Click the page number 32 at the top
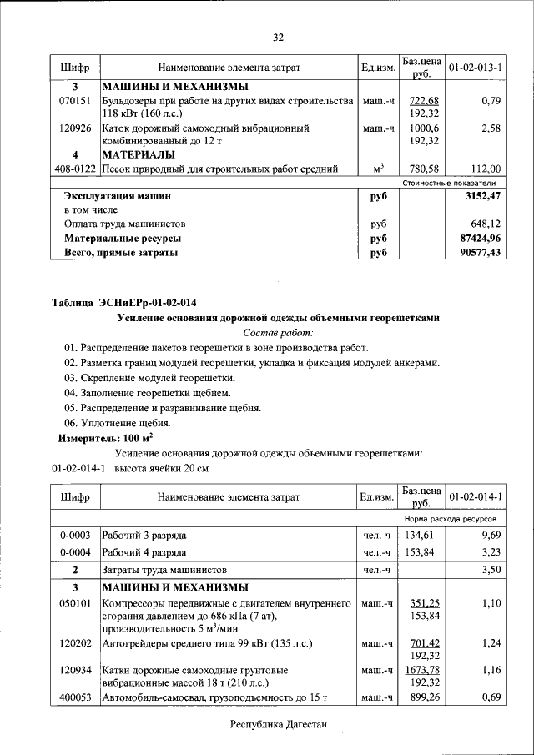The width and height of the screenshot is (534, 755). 279,37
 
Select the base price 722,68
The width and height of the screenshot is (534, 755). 423,101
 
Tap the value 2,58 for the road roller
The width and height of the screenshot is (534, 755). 490,129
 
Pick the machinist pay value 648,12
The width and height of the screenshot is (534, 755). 487,224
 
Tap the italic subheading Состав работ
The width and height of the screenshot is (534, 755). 276,332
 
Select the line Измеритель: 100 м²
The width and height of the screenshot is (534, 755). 105,437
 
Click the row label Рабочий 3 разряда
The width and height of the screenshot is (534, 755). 144,535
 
